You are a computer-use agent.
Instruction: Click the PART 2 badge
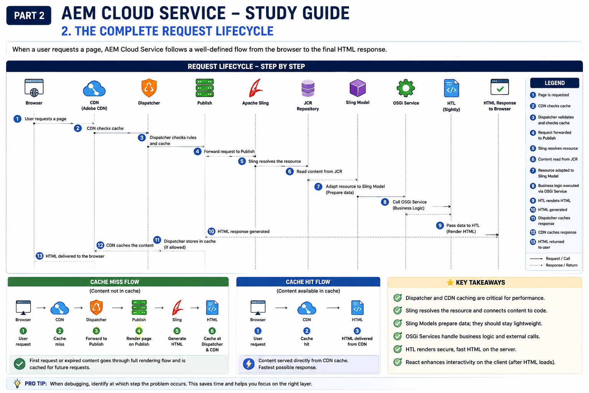pyautogui.click(x=29, y=15)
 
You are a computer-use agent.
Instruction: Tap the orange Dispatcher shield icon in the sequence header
pyautogui.click(x=149, y=88)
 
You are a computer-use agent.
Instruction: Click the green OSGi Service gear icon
pyautogui.click(x=406, y=88)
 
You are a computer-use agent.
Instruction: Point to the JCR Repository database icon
pyautogui.click(x=308, y=88)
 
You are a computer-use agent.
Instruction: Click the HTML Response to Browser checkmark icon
pyautogui.click(x=500, y=87)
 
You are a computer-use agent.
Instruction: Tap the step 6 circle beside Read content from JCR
pyautogui.click(x=290, y=172)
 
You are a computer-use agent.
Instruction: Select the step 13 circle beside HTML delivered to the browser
pyautogui.click(x=39, y=256)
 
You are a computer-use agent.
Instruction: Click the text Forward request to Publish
pyautogui.click(x=229, y=151)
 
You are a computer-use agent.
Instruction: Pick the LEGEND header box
pyautogui.click(x=554, y=83)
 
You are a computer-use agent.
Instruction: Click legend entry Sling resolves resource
pyautogui.click(x=558, y=149)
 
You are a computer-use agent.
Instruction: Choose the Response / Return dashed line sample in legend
pyautogui.click(x=536, y=265)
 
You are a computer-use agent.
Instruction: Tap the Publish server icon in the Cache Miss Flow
pyautogui.click(x=139, y=307)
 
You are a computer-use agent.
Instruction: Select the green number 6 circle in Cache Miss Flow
pyautogui.click(x=212, y=331)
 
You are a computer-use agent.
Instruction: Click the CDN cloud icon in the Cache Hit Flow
pyautogui.click(x=307, y=308)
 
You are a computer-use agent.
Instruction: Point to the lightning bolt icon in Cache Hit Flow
pyautogui.click(x=249, y=364)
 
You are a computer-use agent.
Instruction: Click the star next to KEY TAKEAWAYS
pyautogui.click(x=450, y=282)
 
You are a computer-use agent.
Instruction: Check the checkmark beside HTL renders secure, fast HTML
pyautogui.click(x=398, y=349)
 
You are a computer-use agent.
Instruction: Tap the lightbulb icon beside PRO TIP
pyautogui.click(x=17, y=383)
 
